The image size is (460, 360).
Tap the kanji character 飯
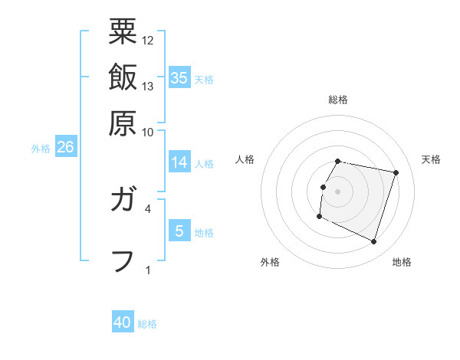[123, 77]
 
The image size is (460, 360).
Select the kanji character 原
[123, 123]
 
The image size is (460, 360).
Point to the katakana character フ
[123, 260]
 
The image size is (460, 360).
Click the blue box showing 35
[179, 78]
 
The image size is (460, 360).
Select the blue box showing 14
[179, 162]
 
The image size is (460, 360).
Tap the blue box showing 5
[179, 231]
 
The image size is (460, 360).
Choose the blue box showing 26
[65, 148]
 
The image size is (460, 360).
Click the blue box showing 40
[123, 323]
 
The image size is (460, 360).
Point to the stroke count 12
[148, 40]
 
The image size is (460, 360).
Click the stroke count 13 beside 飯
[148, 86]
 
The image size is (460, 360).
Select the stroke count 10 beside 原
[148, 132]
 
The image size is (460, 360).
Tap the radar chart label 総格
[338, 100]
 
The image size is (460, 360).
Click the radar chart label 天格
[431, 159]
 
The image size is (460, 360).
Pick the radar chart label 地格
[402, 262]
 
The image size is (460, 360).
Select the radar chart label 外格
[270, 262]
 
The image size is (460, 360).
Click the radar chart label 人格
[245, 159]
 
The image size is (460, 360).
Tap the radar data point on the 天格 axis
[396, 173]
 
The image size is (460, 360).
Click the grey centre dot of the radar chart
[338, 191]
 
